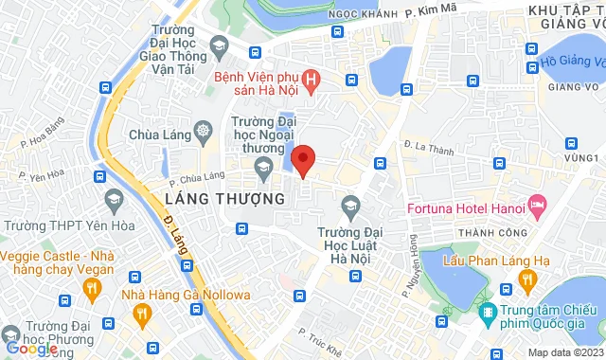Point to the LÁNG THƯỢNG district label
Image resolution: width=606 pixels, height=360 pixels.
click(225, 199)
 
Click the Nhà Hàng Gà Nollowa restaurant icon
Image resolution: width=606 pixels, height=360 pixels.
click(142, 313)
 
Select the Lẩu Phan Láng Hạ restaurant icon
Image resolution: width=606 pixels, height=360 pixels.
click(525, 281)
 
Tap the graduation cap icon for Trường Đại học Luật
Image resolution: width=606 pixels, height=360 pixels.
click(350, 206)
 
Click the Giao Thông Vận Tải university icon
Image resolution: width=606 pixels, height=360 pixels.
click(219, 45)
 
